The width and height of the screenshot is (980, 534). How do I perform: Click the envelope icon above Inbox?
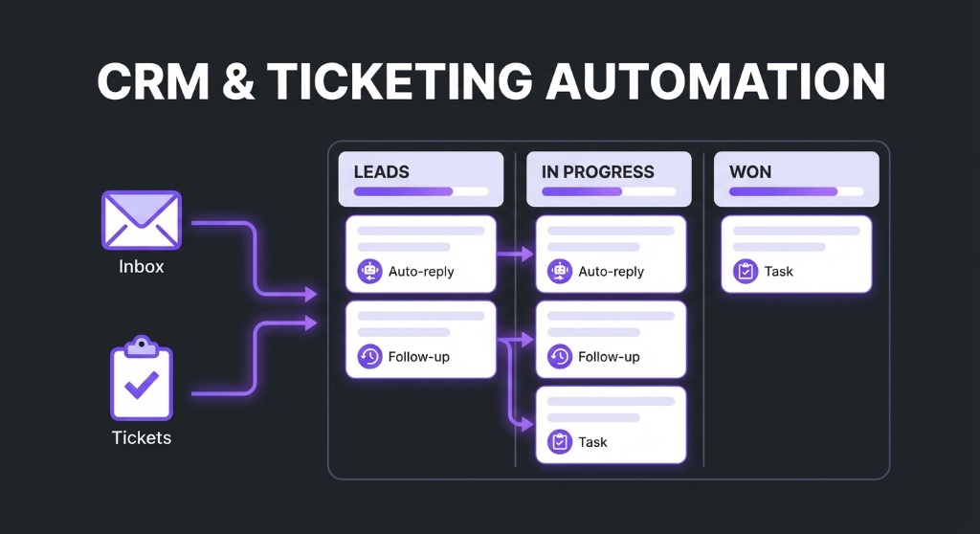click(x=141, y=221)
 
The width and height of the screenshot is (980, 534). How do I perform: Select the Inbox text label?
click(x=141, y=267)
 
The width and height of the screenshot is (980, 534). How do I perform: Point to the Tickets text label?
click(x=141, y=438)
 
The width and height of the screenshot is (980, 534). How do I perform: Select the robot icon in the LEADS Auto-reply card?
click(x=369, y=272)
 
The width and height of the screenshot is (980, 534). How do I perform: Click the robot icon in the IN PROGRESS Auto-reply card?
click(x=559, y=272)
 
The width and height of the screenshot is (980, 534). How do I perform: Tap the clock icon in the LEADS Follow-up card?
click(x=369, y=357)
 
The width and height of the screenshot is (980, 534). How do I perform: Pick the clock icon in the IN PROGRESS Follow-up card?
click(x=559, y=357)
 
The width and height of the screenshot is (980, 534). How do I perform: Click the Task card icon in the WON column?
click(x=746, y=272)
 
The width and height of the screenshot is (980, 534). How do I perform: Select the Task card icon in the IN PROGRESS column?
click(x=559, y=442)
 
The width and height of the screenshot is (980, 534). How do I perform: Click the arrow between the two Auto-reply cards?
click(x=516, y=255)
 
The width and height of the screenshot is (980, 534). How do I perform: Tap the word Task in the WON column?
click(x=778, y=272)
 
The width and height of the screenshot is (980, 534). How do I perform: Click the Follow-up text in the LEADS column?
click(x=418, y=357)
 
